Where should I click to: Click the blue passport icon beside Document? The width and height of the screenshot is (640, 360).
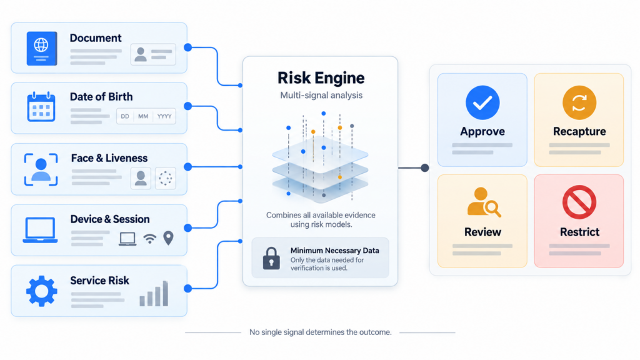pyautogui.click(x=42, y=49)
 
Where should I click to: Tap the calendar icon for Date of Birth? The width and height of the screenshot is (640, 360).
pyautogui.click(x=41, y=106)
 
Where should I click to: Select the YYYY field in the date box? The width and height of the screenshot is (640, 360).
pyautogui.click(x=164, y=116)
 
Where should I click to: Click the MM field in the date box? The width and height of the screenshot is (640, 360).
pyautogui.click(x=143, y=116)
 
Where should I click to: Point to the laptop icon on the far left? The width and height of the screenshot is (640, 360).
pyautogui.click(x=40, y=230)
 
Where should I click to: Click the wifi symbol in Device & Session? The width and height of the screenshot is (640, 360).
pyautogui.click(x=150, y=239)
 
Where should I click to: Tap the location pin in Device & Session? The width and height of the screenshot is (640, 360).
pyautogui.click(x=168, y=238)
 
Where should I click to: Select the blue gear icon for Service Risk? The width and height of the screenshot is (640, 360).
pyautogui.click(x=42, y=291)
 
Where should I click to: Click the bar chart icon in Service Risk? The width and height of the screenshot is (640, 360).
pyautogui.click(x=154, y=293)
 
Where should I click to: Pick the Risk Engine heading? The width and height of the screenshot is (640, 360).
pyautogui.click(x=321, y=78)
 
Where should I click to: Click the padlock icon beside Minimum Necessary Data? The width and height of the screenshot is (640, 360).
pyautogui.click(x=271, y=258)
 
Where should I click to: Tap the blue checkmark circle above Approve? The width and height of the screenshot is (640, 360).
pyautogui.click(x=482, y=102)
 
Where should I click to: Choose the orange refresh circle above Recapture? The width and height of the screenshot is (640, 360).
pyautogui.click(x=579, y=102)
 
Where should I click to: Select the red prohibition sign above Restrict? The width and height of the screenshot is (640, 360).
pyautogui.click(x=579, y=202)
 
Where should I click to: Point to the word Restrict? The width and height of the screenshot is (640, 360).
pyautogui.click(x=579, y=232)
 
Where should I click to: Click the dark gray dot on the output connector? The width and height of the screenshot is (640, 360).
pyautogui.click(x=425, y=167)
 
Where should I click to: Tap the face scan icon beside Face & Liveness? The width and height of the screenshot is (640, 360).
pyautogui.click(x=41, y=169)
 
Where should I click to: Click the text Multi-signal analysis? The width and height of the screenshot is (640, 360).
pyautogui.click(x=321, y=96)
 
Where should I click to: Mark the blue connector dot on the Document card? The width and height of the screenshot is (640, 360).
pyautogui.click(x=187, y=47)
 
